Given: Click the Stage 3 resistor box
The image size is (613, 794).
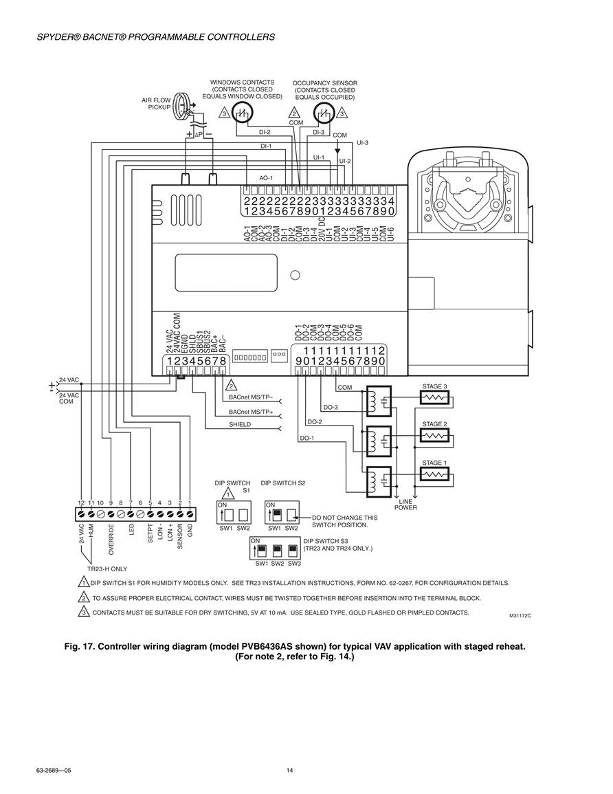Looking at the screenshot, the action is coord(434,398).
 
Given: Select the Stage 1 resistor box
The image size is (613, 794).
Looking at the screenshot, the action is coord(434,474).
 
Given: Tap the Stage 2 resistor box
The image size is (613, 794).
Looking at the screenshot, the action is coord(434,435).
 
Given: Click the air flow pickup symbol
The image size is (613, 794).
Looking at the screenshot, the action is coord(181,106).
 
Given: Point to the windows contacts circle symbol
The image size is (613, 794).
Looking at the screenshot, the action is coord(241,113).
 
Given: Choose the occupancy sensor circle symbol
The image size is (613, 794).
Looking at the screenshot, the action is coord(323,113).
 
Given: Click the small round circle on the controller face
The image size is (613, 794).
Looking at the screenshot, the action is coord(295,275).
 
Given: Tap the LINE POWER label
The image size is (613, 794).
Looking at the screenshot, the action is coord(406,505).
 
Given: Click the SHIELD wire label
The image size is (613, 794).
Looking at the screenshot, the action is coord(240,424).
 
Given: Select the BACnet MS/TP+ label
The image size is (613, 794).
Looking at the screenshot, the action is coord(251,412).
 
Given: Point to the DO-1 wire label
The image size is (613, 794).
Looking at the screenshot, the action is coord(306,438).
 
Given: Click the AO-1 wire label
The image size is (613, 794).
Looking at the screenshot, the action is coord(266,178).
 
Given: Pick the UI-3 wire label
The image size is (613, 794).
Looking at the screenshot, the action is coord(362,143).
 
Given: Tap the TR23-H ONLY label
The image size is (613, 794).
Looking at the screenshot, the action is coord(107,569).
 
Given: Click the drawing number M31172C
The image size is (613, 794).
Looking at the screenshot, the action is coord(520,616).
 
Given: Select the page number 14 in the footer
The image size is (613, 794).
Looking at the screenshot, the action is coord(289,771).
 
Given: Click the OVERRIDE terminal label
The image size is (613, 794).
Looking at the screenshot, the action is coord(111,539).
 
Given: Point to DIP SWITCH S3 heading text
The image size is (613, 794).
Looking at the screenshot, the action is coord(326,541).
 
